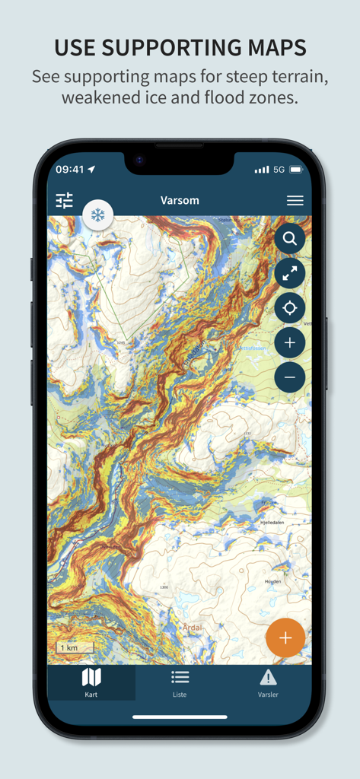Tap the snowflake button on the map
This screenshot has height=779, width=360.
point(98,215)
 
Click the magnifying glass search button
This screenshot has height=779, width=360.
point(290,239)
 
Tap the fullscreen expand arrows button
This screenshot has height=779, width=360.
point(290,274)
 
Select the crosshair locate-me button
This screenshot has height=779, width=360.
point(290,308)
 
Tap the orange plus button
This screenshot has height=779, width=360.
point(285,638)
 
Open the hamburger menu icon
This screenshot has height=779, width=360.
point(295,201)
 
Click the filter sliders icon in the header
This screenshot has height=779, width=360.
point(65,201)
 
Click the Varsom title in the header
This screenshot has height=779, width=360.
point(180,201)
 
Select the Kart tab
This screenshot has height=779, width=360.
point(91,682)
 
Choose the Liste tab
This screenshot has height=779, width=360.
point(180,682)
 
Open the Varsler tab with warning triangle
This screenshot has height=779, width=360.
point(268,682)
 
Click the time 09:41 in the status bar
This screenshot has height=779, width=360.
point(70,169)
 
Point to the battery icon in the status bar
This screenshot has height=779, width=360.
point(296,169)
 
